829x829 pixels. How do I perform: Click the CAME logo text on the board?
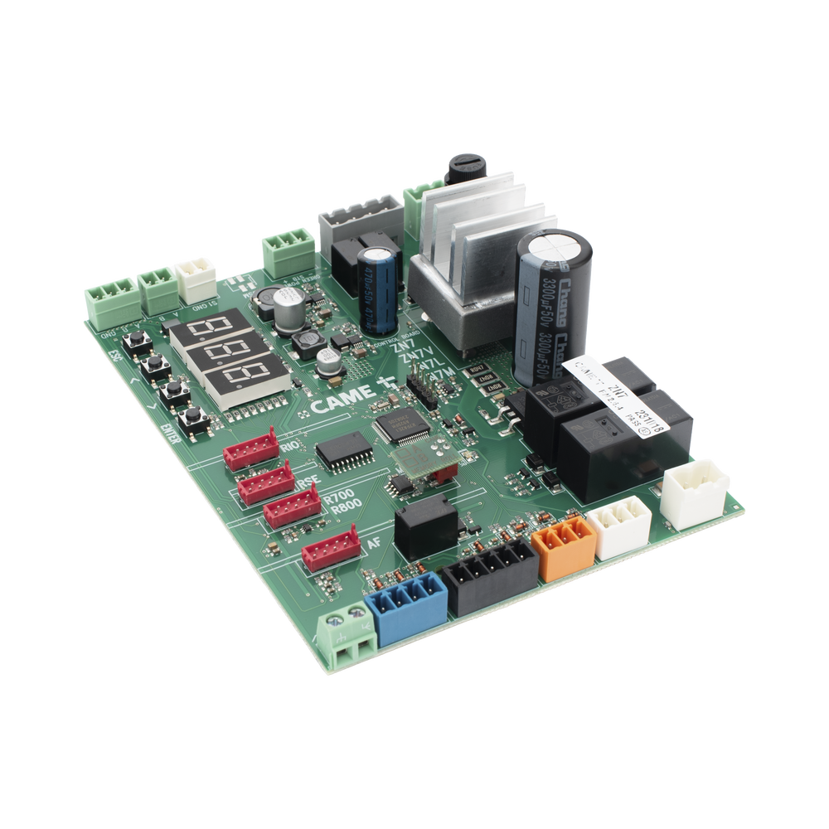(x=336, y=407)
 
